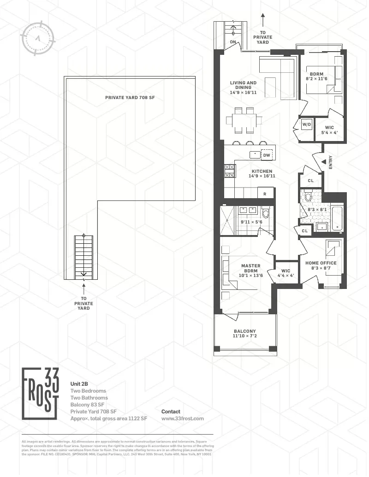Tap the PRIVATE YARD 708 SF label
coord(129,97)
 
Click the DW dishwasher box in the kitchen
coord(267,155)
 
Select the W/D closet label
coord(307,124)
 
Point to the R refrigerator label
coord(265,194)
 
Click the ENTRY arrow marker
coord(324,161)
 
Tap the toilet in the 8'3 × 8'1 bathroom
coord(309,196)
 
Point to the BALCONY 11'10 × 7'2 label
coord(244,334)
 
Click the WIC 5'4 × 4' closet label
coord(329,130)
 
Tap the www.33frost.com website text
coord(182,418)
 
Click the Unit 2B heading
coord(79,383)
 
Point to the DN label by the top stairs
coord(234,42)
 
